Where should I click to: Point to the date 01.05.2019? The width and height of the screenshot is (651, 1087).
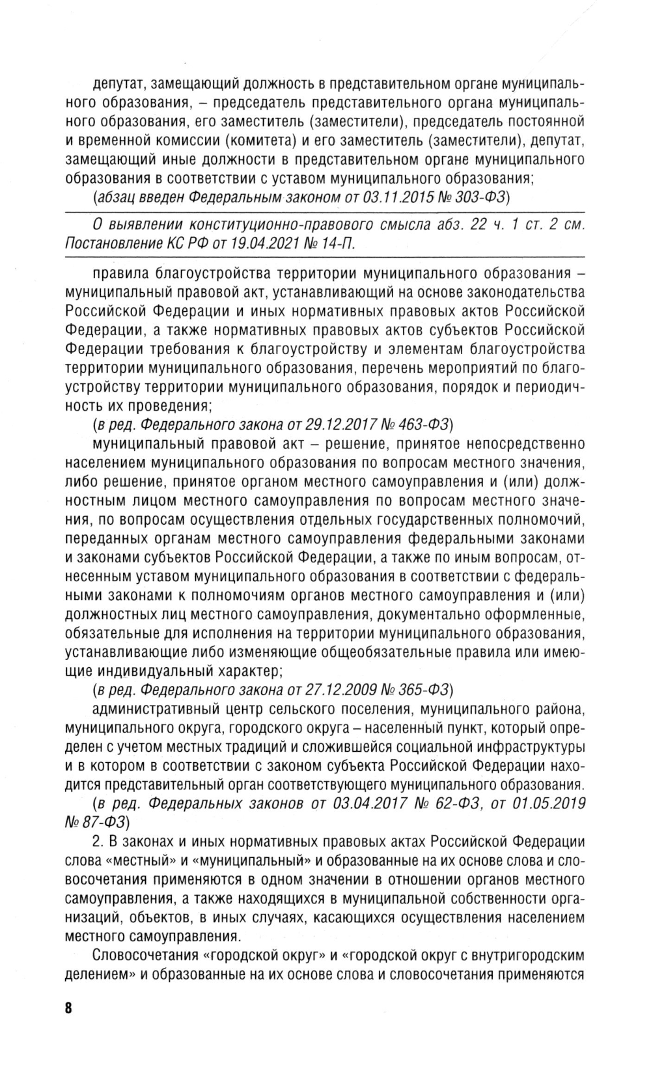549,803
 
